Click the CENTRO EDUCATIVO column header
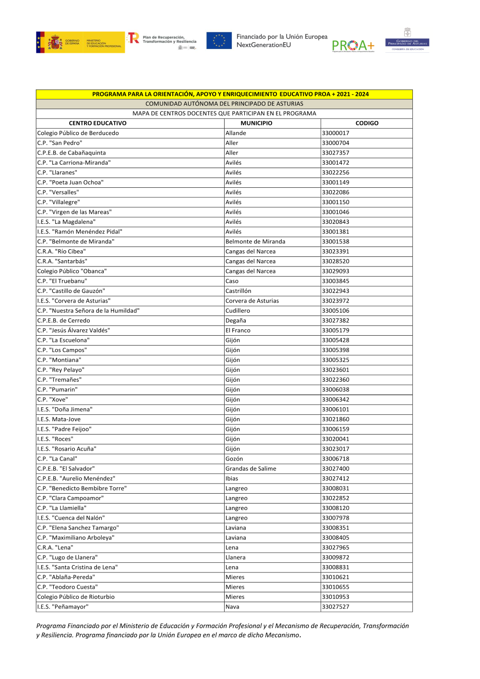[97, 123]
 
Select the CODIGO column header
[367, 123]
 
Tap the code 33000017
[336, 133]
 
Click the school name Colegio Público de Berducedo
[78, 133]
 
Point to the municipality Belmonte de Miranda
[255, 242]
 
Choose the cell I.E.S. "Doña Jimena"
[65, 410]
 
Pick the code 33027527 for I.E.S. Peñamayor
[336, 607]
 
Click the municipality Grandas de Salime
[251, 469]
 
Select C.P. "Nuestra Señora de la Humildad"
[88, 311]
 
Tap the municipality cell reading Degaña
[236, 321]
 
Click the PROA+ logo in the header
[353, 46]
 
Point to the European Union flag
[219, 41]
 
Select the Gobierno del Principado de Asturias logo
[407, 40]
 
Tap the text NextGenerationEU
[264, 45]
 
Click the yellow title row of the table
[224, 94]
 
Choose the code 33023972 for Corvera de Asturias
[336, 301]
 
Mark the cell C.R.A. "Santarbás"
[62, 261]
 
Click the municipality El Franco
[238, 330]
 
